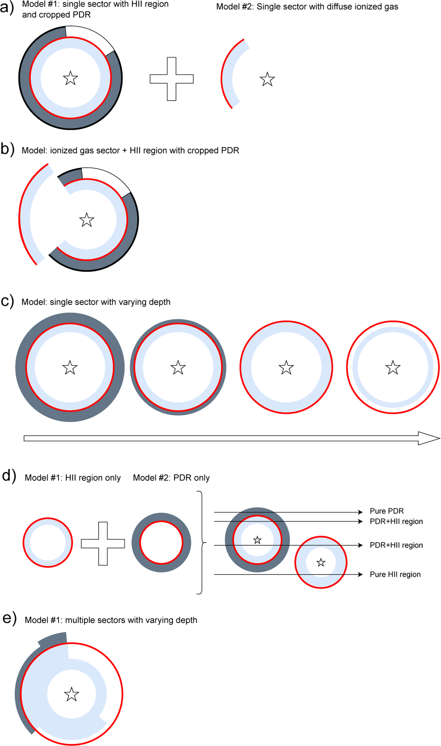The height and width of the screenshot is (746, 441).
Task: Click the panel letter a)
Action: pyautogui.click(x=7, y=7)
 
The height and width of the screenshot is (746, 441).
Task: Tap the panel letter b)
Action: pyautogui.click(x=7, y=150)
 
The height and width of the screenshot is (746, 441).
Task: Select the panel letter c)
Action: pyautogui.click(x=7, y=301)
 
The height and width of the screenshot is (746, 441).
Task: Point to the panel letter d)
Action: pyautogui.click(x=9, y=476)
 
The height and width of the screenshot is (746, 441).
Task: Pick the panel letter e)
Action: pyautogui.click(x=10, y=618)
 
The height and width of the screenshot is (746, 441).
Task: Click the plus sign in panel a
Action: pyautogui.click(x=172, y=79)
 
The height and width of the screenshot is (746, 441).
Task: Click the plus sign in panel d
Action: pyautogui.click(x=103, y=544)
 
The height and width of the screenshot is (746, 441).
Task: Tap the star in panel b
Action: pyautogui.click(x=87, y=220)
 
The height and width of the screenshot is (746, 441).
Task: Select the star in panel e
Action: pyautogui.click(x=71, y=694)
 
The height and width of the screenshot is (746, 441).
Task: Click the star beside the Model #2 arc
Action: pyautogui.click(x=267, y=79)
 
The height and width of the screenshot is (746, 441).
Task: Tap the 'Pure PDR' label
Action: pyautogui.click(x=387, y=511)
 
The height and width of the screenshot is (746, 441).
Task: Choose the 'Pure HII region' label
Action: pyautogui.click(x=395, y=574)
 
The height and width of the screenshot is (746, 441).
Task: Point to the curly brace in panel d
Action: pyautogui.click(x=201, y=542)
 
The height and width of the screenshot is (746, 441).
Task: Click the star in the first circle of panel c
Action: pyautogui.click(x=70, y=367)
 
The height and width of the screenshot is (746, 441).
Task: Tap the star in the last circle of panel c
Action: pyautogui.click(x=393, y=367)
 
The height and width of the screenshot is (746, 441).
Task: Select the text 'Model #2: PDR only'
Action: pyautogui.click(x=171, y=478)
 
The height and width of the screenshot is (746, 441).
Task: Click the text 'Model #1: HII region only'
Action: pyautogui.click(x=73, y=478)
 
